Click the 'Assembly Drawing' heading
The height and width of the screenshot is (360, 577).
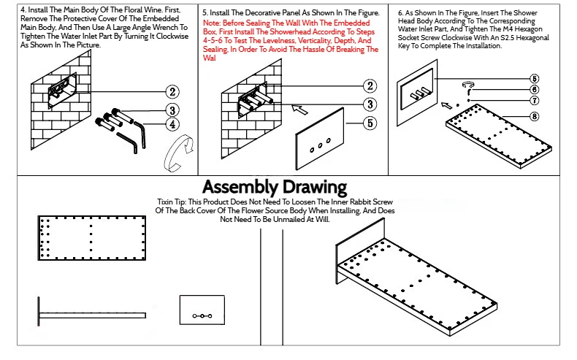[x=275, y=187]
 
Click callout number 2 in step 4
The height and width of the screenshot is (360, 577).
[x=172, y=91]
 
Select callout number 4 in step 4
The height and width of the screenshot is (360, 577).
[x=172, y=124]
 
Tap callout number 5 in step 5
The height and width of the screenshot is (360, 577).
[x=370, y=123]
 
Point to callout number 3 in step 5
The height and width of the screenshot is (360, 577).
[x=370, y=104]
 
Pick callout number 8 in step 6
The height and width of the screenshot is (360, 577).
[x=535, y=116]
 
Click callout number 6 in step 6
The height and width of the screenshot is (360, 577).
[x=535, y=89]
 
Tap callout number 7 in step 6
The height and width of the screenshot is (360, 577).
[x=535, y=100]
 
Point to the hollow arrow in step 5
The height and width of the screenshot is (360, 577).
[x=299, y=111]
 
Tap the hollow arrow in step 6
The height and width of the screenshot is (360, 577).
[x=448, y=104]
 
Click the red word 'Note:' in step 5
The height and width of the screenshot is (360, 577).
[x=213, y=23]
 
